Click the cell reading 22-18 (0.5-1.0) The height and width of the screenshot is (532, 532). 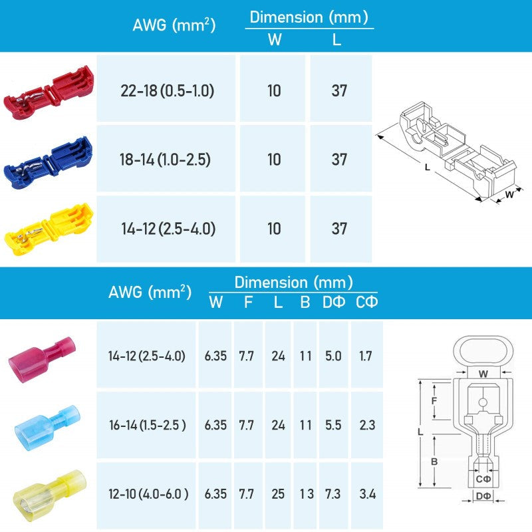[x=167, y=90]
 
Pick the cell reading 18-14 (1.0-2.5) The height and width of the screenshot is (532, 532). [x=167, y=160]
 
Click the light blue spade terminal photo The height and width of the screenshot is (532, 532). [x=45, y=426]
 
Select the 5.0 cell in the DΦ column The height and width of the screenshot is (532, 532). [x=332, y=356]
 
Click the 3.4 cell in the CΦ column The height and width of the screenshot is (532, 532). [x=365, y=494]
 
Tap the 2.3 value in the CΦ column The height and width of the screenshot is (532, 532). [x=365, y=425]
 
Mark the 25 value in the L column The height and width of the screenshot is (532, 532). [x=278, y=494]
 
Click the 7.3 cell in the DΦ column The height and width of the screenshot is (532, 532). [x=332, y=494]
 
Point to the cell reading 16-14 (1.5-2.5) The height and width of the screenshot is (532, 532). [x=147, y=425]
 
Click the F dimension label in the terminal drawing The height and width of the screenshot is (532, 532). [x=433, y=401]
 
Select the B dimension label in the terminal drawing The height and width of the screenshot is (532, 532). [x=433, y=460]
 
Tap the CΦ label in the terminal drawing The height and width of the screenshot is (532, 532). [x=483, y=479]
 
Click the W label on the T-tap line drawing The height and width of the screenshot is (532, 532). [x=509, y=194]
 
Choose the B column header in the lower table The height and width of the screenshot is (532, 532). [x=305, y=303]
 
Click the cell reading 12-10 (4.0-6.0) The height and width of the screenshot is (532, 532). [x=147, y=494]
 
